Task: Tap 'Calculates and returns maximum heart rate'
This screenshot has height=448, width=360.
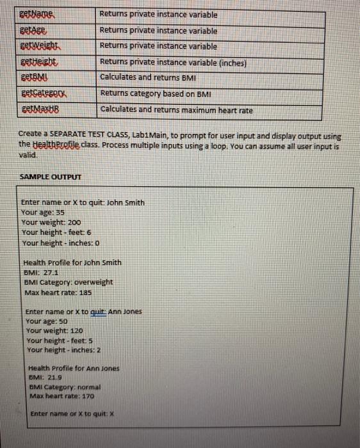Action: (176, 110)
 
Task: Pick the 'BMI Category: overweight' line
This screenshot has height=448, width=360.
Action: (68, 282)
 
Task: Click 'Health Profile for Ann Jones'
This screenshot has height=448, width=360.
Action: (74, 368)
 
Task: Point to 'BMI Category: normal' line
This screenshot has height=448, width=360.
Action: (65, 387)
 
